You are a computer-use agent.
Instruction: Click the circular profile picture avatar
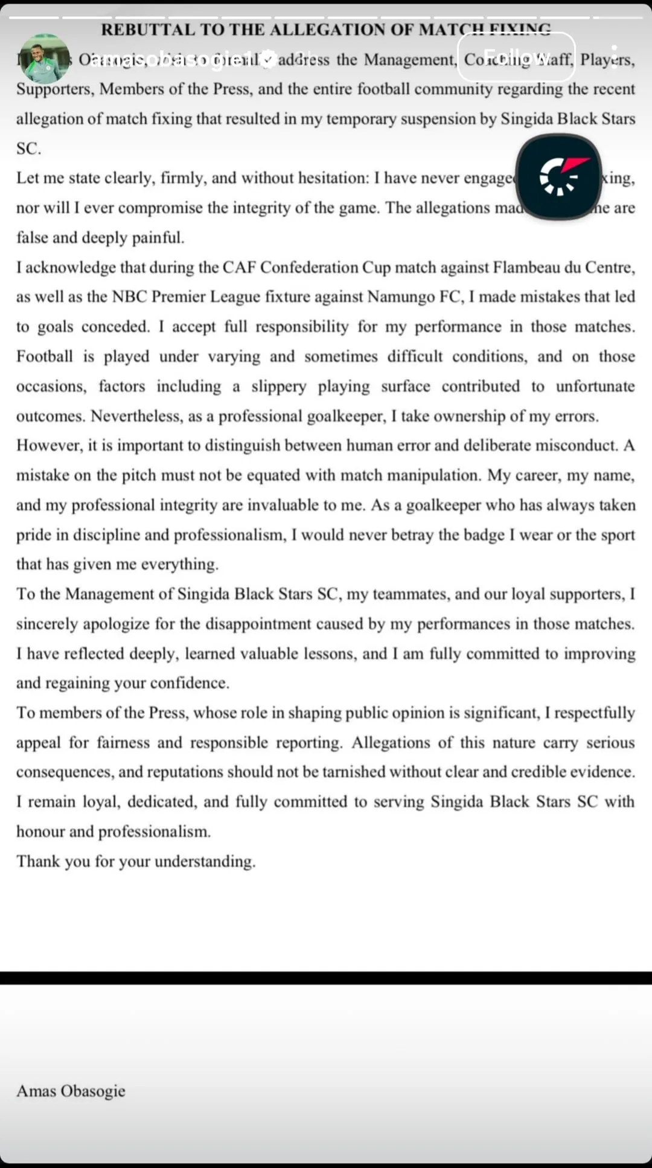(x=44, y=59)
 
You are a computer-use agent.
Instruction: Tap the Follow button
(x=516, y=57)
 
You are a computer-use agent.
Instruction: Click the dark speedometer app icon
(x=558, y=176)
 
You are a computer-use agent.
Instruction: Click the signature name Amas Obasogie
(x=71, y=1091)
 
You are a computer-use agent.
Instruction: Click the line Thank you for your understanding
(x=136, y=861)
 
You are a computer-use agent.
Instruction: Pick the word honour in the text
(x=40, y=831)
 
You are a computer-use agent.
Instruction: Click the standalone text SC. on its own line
(x=28, y=149)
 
